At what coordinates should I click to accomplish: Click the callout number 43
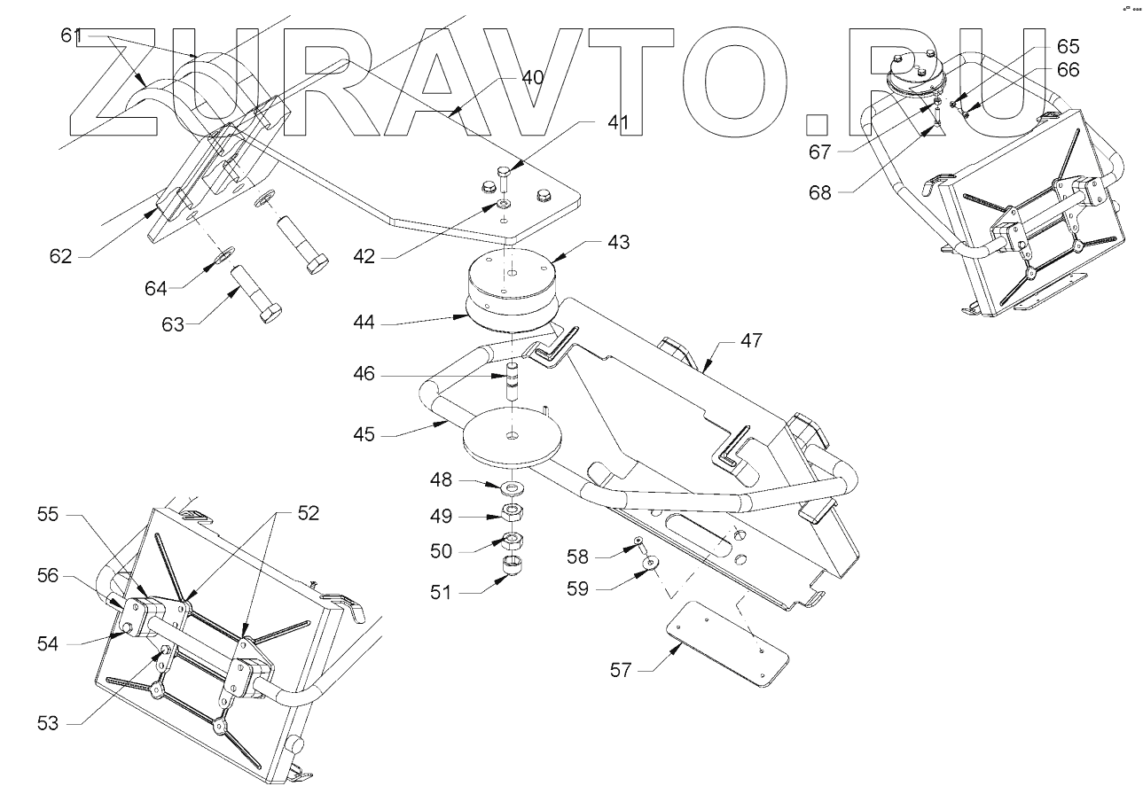(x=618, y=242)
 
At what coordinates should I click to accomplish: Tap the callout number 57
(x=621, y=670)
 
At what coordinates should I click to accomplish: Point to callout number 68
(x=820, y=191)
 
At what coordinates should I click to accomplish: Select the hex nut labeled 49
(x=513, y=511)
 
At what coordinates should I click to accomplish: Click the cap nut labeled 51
(x=513, y=565)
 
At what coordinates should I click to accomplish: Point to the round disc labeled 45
(x=513, y=438)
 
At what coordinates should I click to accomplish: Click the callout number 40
(x=532, y=77)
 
